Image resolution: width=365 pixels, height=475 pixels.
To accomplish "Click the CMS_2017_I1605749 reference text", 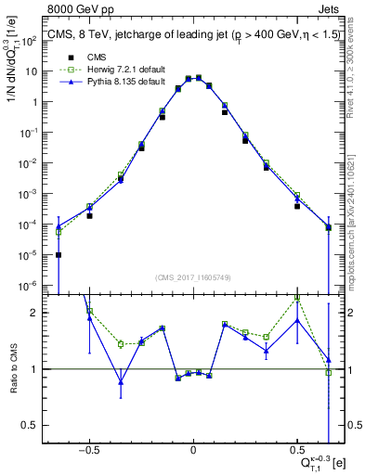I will click(193, 276).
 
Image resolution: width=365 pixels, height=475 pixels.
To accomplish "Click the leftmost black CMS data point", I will click(59, 255).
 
